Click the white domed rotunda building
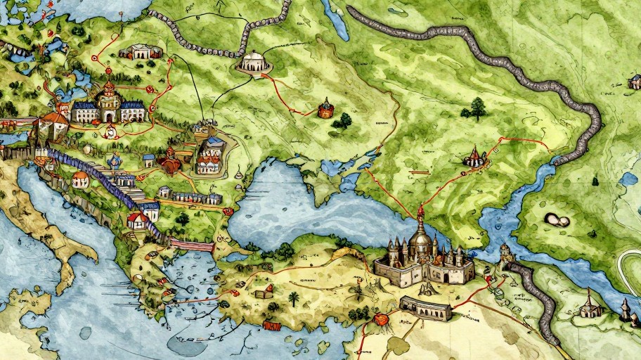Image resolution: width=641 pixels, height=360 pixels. pos(254,61)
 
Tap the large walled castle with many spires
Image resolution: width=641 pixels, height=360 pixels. pos(422,258)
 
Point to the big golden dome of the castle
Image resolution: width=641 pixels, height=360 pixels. pos(420,243)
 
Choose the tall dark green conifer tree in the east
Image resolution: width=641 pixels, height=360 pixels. pos(478,108)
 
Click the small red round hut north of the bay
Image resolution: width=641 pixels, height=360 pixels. pos(325,109)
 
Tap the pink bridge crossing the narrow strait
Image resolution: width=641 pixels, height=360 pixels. pos(190,245)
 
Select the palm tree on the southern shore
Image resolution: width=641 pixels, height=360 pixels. pos(294,299)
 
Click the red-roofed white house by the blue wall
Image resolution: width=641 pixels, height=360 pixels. pos(138,221)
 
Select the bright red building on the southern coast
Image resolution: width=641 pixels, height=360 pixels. pos(271,326)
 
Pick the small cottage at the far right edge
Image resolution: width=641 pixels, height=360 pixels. pos(634,84)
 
